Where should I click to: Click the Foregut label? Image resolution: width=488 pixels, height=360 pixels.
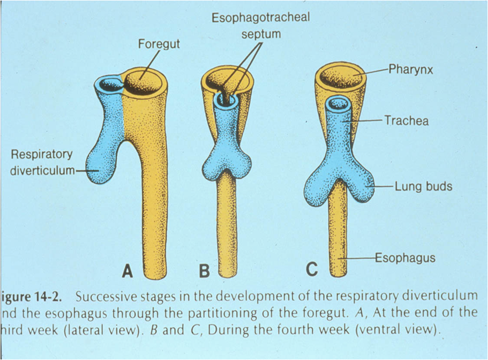point(159,44)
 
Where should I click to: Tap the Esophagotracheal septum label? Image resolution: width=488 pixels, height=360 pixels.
point(261,25)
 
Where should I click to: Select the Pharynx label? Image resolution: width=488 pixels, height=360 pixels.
point(410,70)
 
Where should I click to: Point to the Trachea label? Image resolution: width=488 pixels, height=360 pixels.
point(407,120)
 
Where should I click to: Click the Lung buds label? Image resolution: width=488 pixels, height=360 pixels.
point(423,186)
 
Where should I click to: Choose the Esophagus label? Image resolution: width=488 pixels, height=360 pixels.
point(406,258)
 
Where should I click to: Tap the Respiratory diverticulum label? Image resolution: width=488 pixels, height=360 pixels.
point(42,162)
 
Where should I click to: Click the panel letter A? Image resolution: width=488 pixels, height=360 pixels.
point(128,271)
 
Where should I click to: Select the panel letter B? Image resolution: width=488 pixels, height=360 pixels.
point(205,271)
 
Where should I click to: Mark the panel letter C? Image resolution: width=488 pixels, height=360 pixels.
point(312,270)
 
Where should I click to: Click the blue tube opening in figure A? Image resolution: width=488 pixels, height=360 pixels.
point(111,84)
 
